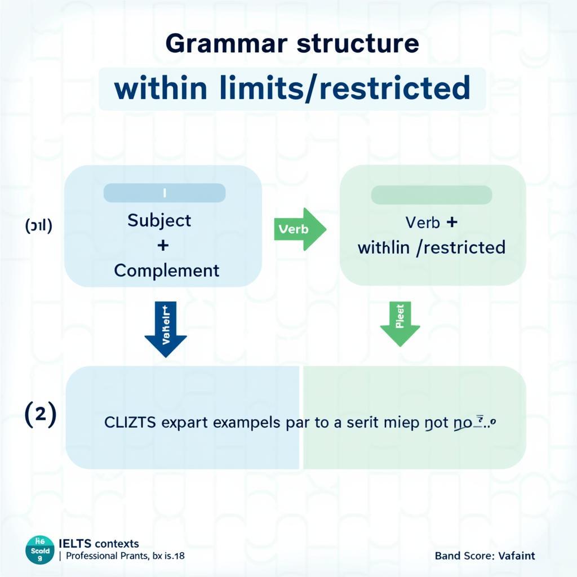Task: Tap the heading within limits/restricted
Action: [292, 89]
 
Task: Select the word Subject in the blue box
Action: [159, 220]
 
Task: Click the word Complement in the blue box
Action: [167, 270]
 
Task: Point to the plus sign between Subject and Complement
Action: [163, 246]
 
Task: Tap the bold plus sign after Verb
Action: [451, 222]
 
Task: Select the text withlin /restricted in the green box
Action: [432, 247]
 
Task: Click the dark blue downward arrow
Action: [165, 329]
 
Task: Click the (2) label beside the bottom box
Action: [40, 416]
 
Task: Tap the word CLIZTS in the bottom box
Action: [130, 423]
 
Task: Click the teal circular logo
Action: [40, 550]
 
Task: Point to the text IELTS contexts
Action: [99, 544]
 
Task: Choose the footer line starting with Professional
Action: [125, 556]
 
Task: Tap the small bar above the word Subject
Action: [165, 193]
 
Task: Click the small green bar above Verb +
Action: [432, 195]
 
